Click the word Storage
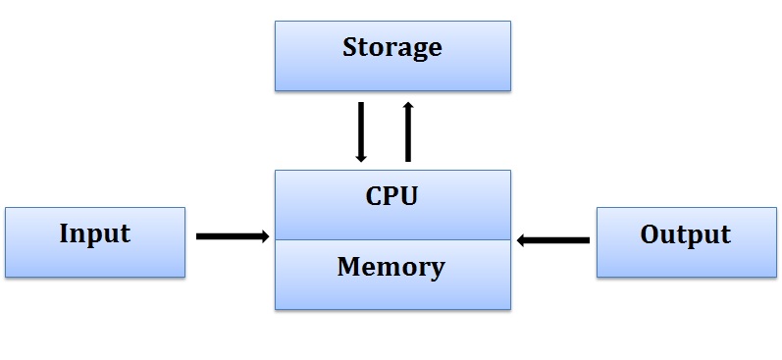(x=391, y=47)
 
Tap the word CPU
(x=391, y=196)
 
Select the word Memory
(x=391, y=266)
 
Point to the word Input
(x=94, y=233)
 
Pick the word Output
(x=685, y=234)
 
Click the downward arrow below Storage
(x=361, y=130)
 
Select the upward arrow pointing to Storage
(x=408, y=130)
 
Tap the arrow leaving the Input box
(x=232, y=236)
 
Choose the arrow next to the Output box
(x=553, y=239)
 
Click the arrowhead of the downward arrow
(x=361, y=156)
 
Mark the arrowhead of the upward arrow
(x=408, y=105)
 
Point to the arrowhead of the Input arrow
(x=264, y=236)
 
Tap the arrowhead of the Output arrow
(x=522, y=239)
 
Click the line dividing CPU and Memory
(x=392, y=239)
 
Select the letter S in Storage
(x=349, y=47)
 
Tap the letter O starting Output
(x=649, y=234)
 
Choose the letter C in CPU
(x=373, y=196)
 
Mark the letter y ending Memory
(x=438, y=269)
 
